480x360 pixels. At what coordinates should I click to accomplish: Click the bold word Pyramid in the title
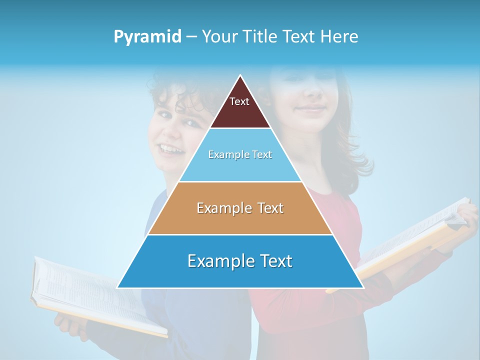click(147, 37)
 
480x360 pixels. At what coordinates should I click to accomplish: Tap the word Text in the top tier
click(239, 101)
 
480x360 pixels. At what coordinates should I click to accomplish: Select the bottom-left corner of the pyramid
click(117, 287)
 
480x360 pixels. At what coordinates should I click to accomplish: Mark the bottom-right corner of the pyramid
click(363, 287)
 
